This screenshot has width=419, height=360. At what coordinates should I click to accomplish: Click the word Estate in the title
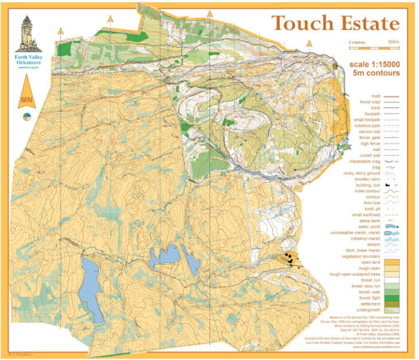(x=367, y=23)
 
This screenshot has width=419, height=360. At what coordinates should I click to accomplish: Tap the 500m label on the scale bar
(x=393, y=42)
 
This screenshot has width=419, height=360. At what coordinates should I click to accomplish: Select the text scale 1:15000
(x=375, y=64)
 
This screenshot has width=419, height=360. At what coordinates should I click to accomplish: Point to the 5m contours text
(x=376, y=73)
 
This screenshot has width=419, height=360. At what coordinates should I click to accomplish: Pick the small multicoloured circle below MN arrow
(x=27, y=116)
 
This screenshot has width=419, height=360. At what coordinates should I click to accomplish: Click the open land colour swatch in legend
(x=392, y=262)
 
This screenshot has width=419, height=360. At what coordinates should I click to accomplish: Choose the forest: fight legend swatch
(x=392, y=297)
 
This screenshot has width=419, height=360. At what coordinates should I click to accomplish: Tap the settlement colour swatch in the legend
(x=392, y=304)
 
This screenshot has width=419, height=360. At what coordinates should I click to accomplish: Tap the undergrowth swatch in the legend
(x=392, y=310)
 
